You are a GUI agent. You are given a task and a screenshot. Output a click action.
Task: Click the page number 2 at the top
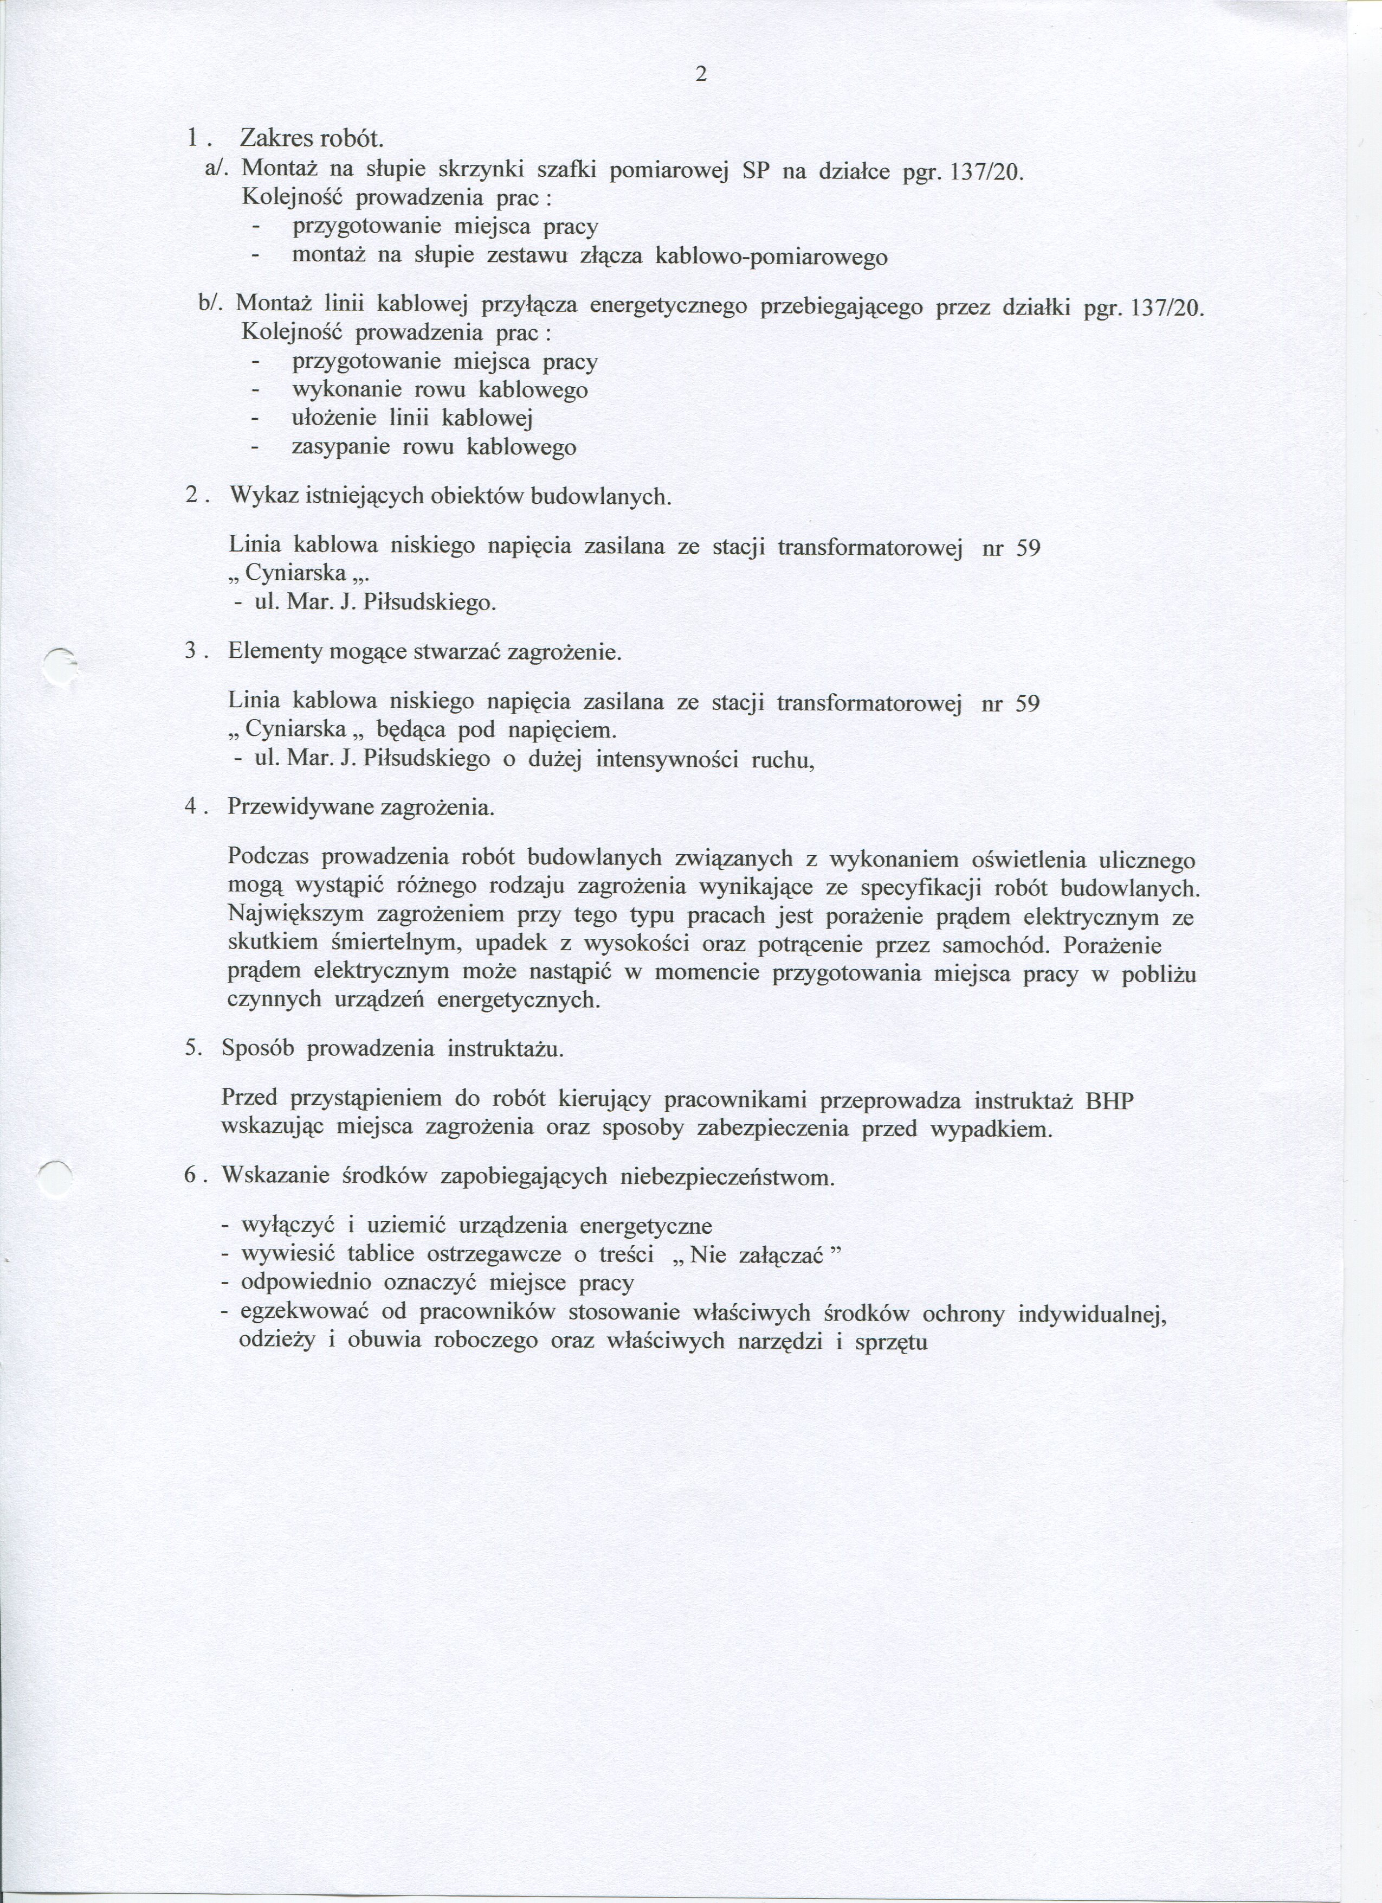pos(701,75)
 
